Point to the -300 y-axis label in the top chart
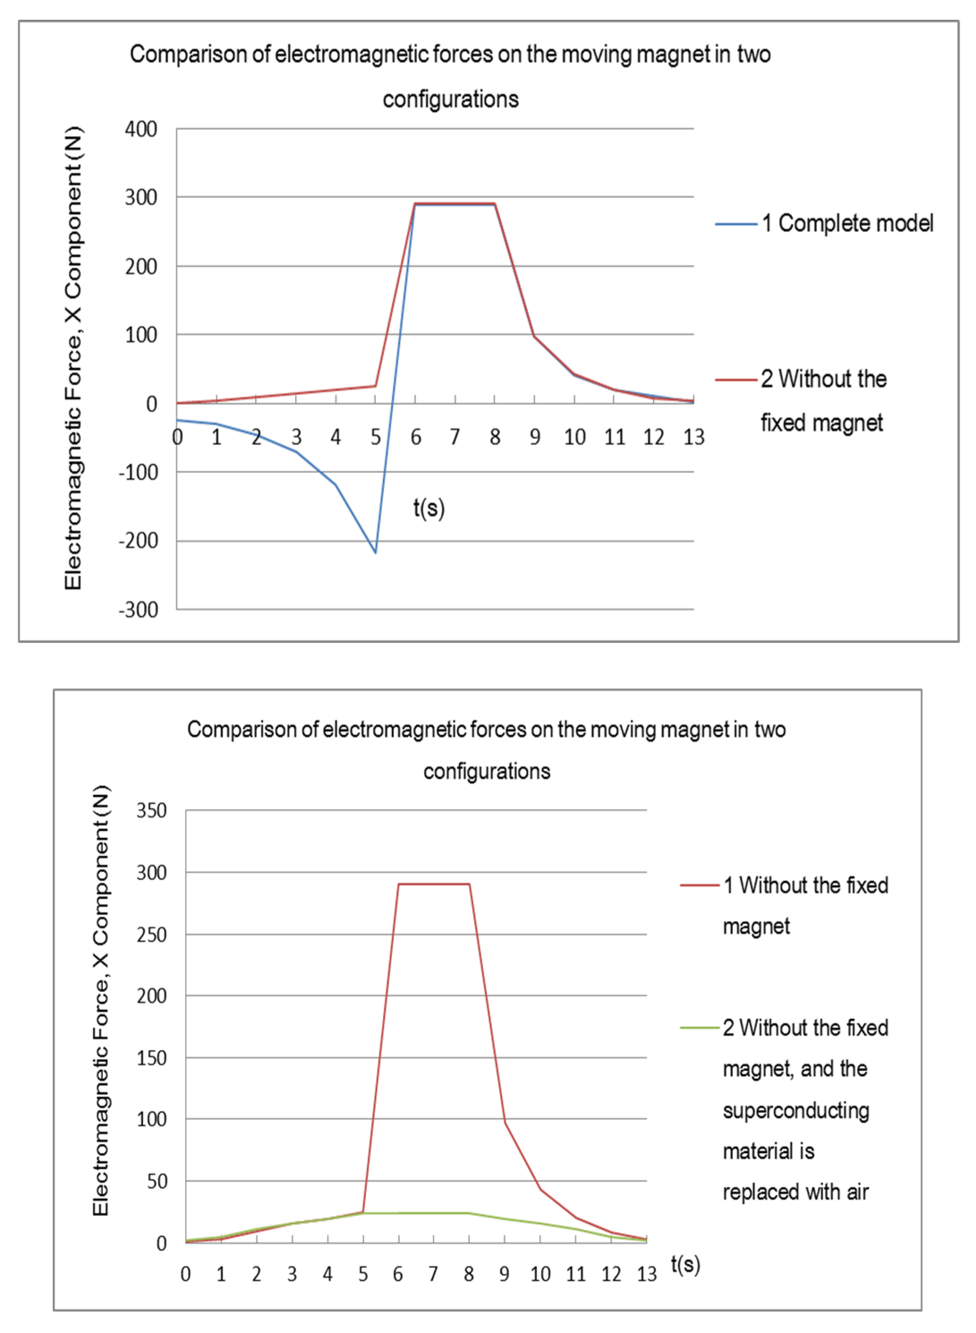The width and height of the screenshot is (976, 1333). (x=139, y=610)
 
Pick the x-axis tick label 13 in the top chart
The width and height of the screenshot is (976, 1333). (x=694, y=437)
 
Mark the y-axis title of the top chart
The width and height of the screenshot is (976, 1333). (x=74, y=359)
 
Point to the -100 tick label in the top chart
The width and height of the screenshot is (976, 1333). (x=139, y=472)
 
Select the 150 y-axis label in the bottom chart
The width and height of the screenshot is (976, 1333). (x=151, y=1058)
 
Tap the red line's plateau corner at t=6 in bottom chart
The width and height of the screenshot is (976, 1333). (x=399, y=884)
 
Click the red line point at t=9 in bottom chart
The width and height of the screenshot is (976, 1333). (x=505, y=1121)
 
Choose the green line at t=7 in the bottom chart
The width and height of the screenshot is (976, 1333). (x=433, y=1213)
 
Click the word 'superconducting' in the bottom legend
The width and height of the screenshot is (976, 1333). (x=795, y=1110)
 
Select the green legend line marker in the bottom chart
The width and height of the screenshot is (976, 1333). (x=700, y=1027)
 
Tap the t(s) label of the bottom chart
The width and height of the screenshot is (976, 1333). (x=685, y=1265)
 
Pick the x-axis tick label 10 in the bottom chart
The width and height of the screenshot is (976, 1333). (x=540, y=1274)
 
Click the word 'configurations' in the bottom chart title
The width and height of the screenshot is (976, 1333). (x=487, y=771)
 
